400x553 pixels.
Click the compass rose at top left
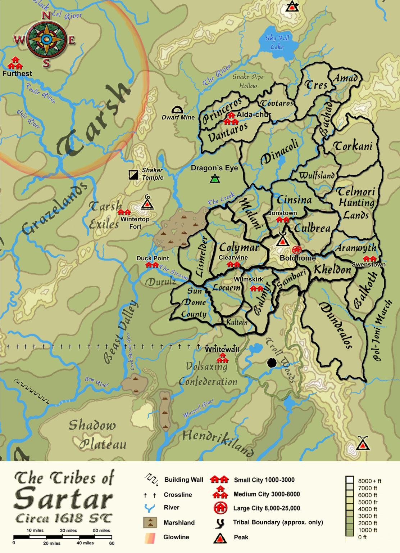[x=46, y=39]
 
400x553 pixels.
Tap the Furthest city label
[x=17, y=74]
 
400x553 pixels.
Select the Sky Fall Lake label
[x=277, y=42]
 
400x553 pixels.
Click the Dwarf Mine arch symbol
[x=177, y=110]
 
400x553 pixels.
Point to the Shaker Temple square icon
[x=133, y=175]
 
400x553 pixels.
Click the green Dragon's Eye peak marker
[x=215, y=178]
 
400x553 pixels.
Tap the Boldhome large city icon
[x=297, y=249]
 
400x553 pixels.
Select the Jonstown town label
[x=282, y=213]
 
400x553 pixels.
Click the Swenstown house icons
[x=369, y=258]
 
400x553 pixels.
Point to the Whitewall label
[x=222, y=349]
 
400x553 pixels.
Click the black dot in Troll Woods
[x=272, y=363]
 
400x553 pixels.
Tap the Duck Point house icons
[x=153, y=265]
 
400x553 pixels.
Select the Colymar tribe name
[x=239, y=248]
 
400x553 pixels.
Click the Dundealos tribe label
[x=335, y=325]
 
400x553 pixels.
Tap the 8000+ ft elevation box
[x=350, y=481]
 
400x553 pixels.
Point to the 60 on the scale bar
[x=112, y=543]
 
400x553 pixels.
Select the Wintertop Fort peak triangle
[x=147, y=204]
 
